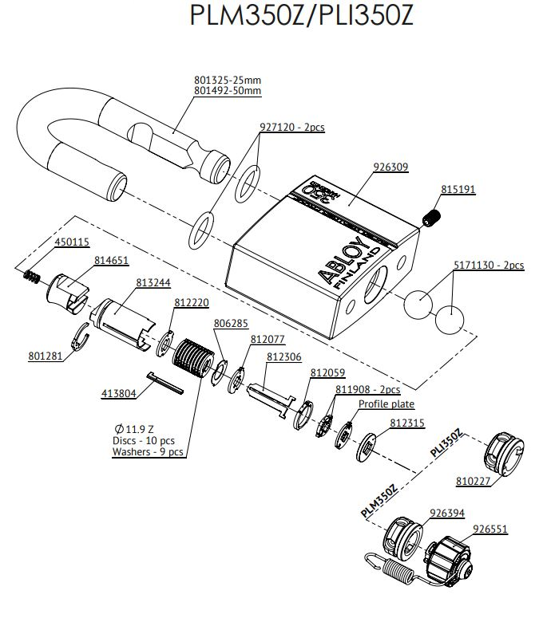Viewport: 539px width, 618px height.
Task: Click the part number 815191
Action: tap(458, 190)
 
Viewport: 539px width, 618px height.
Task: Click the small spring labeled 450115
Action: tap(32, 276)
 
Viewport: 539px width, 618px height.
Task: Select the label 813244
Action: tap(152, 281)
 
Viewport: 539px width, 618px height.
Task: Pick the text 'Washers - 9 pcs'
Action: tap(148, 452)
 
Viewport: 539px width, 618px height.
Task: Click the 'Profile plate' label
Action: tap(386, 404)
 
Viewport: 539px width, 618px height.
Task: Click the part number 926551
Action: tap(490, 528)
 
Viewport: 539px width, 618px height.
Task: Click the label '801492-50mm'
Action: tap(228, 91)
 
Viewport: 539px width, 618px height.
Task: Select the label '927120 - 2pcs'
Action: tap(291, 128)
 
